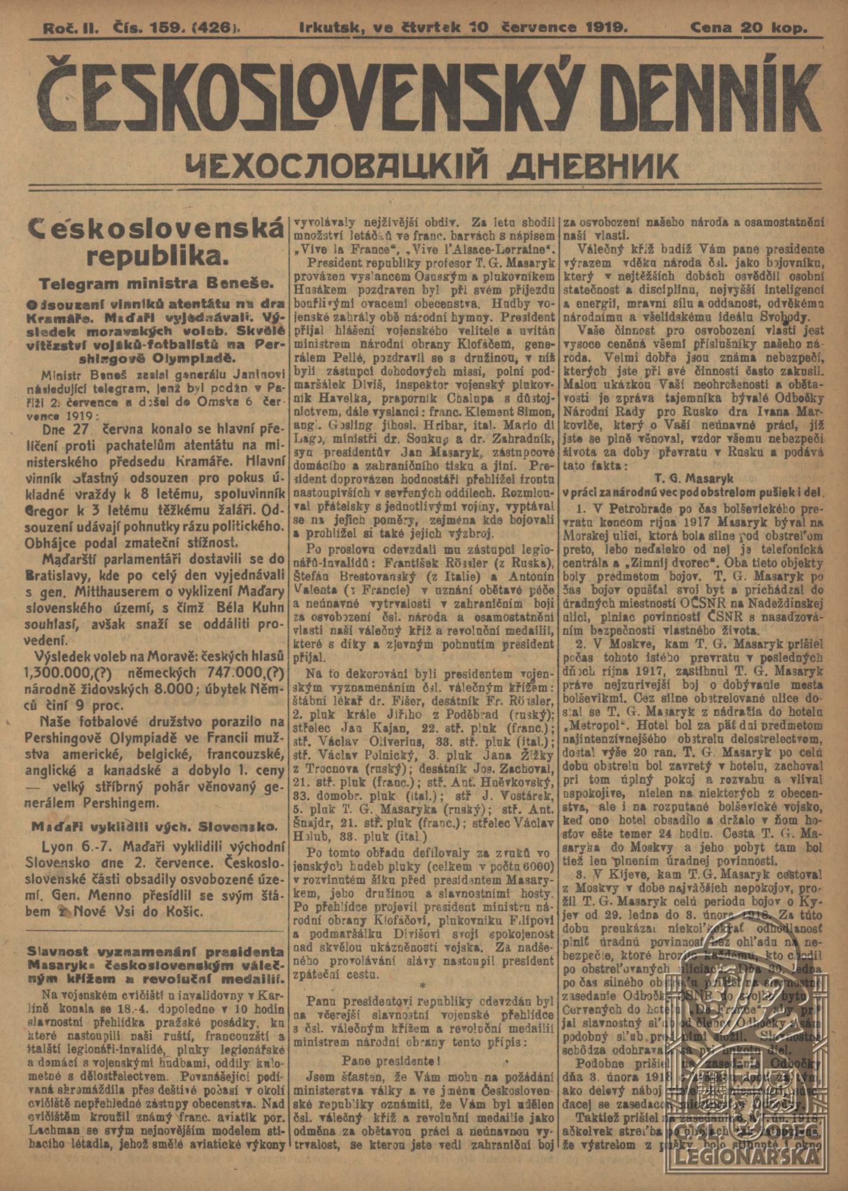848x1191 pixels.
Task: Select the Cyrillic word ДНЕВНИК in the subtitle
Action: click(593, 166)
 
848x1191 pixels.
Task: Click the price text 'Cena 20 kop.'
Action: click(749, 27)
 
